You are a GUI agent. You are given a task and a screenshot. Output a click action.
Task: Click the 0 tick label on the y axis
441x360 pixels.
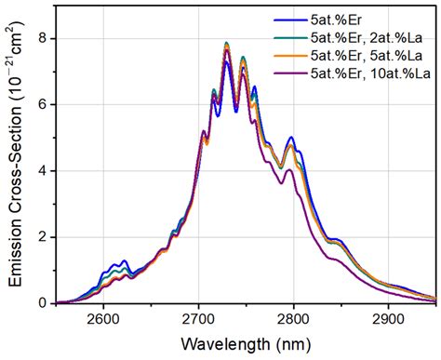(x=44, y=303)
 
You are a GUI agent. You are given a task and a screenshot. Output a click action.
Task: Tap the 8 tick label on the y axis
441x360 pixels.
(x=44, y=38)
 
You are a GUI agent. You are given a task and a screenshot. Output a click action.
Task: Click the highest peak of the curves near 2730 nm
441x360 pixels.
(x=226, y=43)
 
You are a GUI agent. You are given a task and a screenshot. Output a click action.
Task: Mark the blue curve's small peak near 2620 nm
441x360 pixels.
(x=123, y=261)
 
